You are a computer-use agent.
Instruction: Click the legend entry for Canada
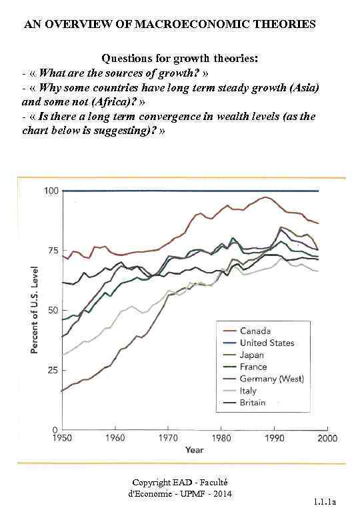255,331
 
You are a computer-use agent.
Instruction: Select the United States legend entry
267,343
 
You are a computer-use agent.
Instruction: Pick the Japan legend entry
253,355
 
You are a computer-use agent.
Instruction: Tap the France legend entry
253,367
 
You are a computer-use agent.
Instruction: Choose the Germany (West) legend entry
271,379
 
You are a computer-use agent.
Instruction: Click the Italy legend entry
249,391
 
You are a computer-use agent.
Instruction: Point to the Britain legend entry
253,403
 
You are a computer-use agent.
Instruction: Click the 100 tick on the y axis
51,191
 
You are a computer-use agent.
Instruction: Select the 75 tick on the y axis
53,251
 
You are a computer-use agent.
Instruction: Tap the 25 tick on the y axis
53,370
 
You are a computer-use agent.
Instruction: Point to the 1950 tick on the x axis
62,438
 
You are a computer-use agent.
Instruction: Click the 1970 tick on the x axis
168,438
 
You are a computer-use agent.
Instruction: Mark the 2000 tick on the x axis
326,438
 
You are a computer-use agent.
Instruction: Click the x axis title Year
195,451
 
